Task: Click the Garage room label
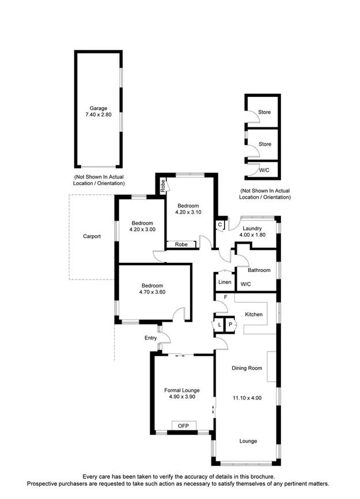[x=98, y=108]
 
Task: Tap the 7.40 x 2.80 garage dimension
[x=98, y=115]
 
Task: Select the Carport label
[x=92, y=236]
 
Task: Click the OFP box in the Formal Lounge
[x=184, y=426]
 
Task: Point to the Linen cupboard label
[x=225, y=282]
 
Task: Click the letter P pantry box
[x=230, y=325]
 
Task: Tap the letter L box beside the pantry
[x=220, y=325]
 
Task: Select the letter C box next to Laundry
[x=220, y=225]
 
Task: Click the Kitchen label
[x=253, y=315]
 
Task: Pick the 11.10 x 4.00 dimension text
[x=247, y=397]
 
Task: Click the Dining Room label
[x=247, y=368]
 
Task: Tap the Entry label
[x=151, y=338]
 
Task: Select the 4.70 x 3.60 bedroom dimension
[x=152, y=293]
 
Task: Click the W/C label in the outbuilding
[x=264, y=170]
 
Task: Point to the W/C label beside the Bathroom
[x=246, y=284]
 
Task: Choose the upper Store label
[x=264, y=112]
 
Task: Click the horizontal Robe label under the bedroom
[x=181, y=244]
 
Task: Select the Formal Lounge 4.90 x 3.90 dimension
[x=183, y=396]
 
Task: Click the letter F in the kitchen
[x=226, y=298]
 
